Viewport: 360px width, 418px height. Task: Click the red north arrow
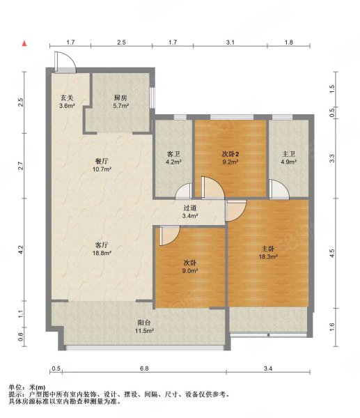[24, 43]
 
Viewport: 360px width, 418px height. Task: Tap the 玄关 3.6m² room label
[67, 102]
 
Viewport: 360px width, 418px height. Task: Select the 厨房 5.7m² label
[120, 102]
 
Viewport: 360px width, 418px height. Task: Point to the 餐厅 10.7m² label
[102, 165]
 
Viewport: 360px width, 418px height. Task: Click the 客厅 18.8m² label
[102, 249]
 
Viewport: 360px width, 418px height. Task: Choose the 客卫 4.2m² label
[173, 158]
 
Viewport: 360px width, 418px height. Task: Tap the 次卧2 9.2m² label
[230, 158]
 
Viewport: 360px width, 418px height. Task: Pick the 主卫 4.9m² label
[288, 158]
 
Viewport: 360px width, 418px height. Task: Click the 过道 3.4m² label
[190, 212]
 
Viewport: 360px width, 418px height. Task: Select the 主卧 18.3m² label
[268, 253]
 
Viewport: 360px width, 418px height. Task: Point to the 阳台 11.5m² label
[144, 327]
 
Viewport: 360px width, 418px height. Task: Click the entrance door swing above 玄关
[65, 62]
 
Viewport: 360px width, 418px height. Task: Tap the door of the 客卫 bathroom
[184, 191]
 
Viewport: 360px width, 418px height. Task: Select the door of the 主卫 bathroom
[279, 189]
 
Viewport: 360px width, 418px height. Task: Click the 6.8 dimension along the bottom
[144, 369]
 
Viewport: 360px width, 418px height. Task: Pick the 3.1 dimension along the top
[230, 42]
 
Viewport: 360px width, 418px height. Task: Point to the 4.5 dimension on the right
[331, 253]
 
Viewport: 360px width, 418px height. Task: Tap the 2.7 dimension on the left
[21, 166]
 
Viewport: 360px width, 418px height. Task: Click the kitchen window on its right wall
[152, 98]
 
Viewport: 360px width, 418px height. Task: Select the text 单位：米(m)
[27, 387]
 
